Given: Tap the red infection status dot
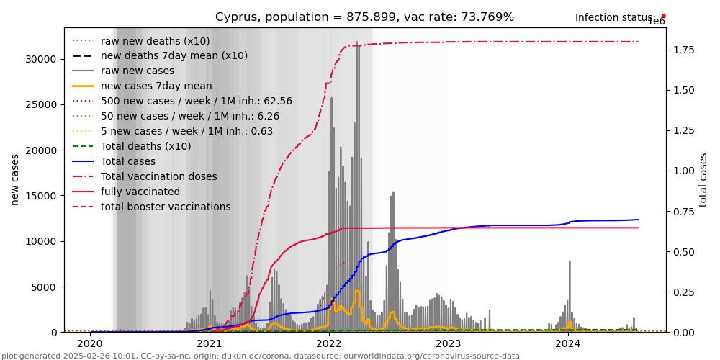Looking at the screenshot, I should [x=663, y=15].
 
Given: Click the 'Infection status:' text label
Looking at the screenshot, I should [x=615, y=17].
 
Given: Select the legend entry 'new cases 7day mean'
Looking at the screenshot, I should [x=156, y=86].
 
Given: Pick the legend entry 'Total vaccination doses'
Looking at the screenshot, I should [x=158, y=177].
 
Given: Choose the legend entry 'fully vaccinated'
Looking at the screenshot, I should [x=140, y=192].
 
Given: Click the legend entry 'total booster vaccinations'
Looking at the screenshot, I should [x=166, y=207].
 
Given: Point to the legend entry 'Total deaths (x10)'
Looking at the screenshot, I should [x=145, y=147].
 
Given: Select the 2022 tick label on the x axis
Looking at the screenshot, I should [x=329, y=344].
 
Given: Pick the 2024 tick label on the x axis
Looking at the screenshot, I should [x=568, y=344].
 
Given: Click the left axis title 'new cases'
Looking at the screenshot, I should [x=15, y=179].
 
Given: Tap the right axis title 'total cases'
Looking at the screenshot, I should [x=703, y=179].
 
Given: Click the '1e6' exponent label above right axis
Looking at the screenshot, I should [x=656, y=22].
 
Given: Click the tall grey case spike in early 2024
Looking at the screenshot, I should [x=570, y=288].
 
